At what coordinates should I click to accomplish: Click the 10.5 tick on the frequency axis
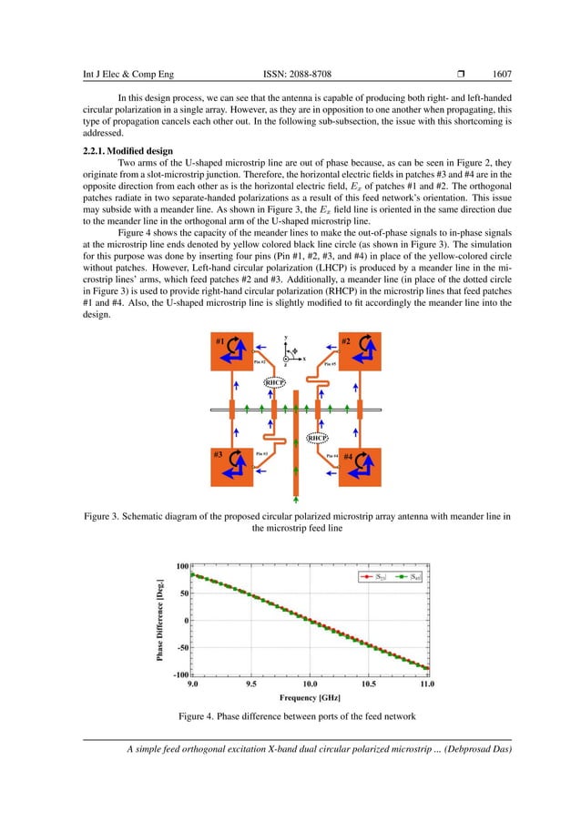pyautogui.click(x=369, y=683)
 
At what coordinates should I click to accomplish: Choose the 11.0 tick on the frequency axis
pyautogui.click(x=426, y=683)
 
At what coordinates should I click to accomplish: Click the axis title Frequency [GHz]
pyautogui.click(x=310, y=697)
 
